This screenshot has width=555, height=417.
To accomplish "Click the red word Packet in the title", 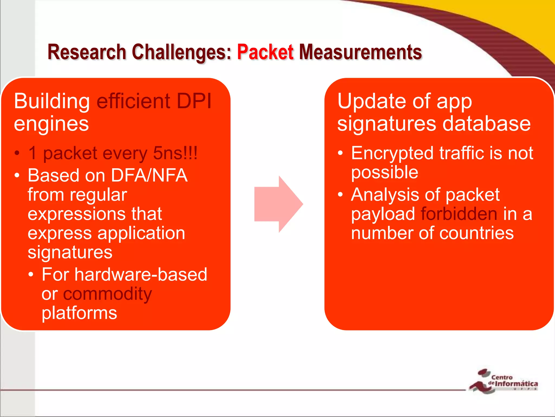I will click(x=265, y=52).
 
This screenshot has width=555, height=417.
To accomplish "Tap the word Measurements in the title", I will click(x=360, y=52).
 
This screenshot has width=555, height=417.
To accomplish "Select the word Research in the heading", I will click(x=87, y=52).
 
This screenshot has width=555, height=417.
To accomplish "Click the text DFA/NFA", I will click(x=149, y=175).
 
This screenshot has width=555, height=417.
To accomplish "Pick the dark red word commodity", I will click(x=108, y=294).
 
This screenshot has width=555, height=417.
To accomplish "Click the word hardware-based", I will click(x=141, y=274).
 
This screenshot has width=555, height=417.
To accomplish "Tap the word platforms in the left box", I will click(x=79, y=313).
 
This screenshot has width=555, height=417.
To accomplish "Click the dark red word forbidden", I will click(x=459, y=214).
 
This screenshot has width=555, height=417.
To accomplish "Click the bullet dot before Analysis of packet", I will click(x=340, y=194).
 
